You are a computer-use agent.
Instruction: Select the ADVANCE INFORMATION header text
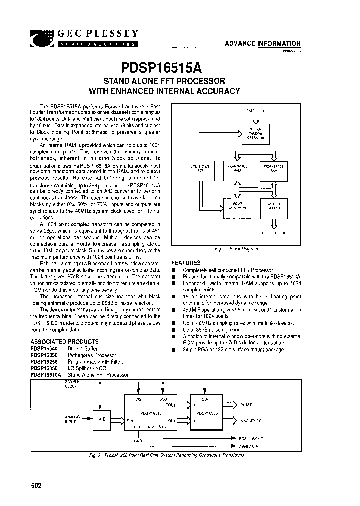tap(262, 43)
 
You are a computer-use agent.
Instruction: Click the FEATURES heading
tap(186, 263)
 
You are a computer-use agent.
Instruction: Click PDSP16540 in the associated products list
tap(45, 349)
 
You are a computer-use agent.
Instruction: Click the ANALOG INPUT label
tap(72, 420)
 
